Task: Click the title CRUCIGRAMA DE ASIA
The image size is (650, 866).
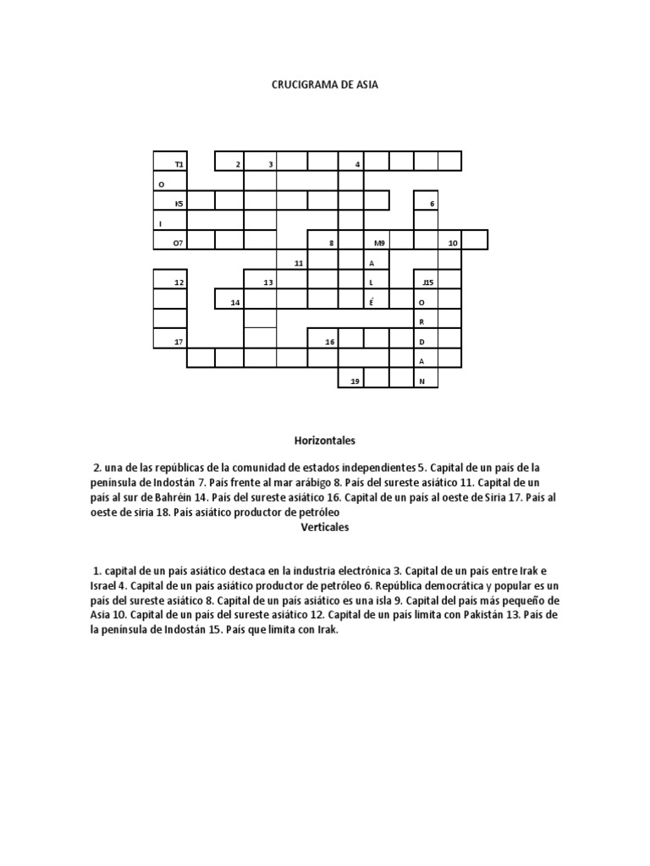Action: pos(325,85)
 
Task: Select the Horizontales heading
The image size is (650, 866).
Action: pos(324,441)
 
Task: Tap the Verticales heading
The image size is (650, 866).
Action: pos(324,527)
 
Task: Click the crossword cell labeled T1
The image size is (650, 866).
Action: pos(170,162)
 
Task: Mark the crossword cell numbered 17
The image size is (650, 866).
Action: pos(170,341)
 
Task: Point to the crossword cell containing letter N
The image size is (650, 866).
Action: pos(426,381)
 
